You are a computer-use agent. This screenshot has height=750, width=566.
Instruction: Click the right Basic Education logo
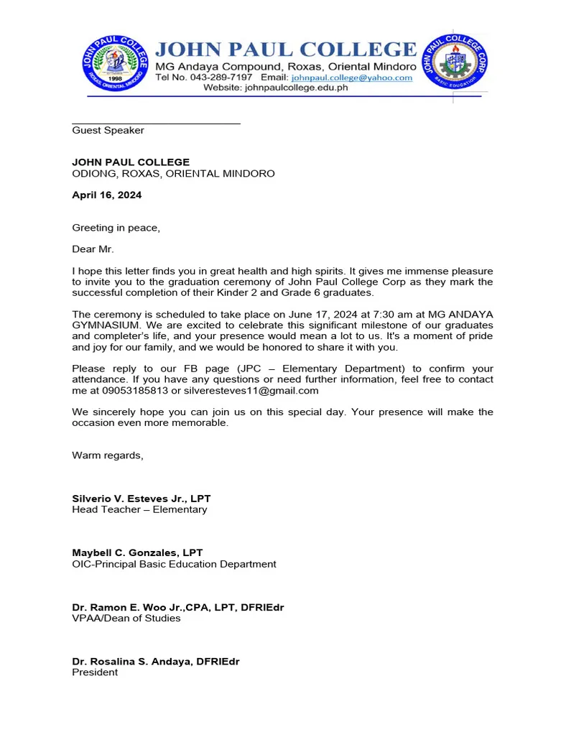tap(453, 65)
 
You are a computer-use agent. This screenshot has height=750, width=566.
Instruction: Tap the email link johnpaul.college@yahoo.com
tap(351, 78)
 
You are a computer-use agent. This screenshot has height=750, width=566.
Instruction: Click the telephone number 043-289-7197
tap(221, 78)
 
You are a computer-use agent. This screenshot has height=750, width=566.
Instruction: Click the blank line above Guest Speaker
tap(156, 123)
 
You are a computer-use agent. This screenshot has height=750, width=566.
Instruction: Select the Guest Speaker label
tap(108, 131)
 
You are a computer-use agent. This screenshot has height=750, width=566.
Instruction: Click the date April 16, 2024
tap(106, 195)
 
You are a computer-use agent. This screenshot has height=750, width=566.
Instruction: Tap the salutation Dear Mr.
tap(93, 250)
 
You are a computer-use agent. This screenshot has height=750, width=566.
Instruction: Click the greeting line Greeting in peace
tap(116, 228)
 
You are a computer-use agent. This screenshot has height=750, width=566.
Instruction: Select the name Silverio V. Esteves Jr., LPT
tap(141, 499)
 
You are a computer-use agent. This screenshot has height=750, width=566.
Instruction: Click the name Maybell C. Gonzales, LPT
tap(137, 553)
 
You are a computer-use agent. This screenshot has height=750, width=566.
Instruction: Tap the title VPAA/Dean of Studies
tap(126, 619)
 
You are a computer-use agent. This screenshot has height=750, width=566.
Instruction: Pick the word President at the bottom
tap(95, 673)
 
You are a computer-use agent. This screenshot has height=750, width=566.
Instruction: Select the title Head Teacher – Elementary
tap(139, 510)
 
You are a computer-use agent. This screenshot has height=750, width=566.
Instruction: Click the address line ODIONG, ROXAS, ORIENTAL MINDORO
tap(173, 174)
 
